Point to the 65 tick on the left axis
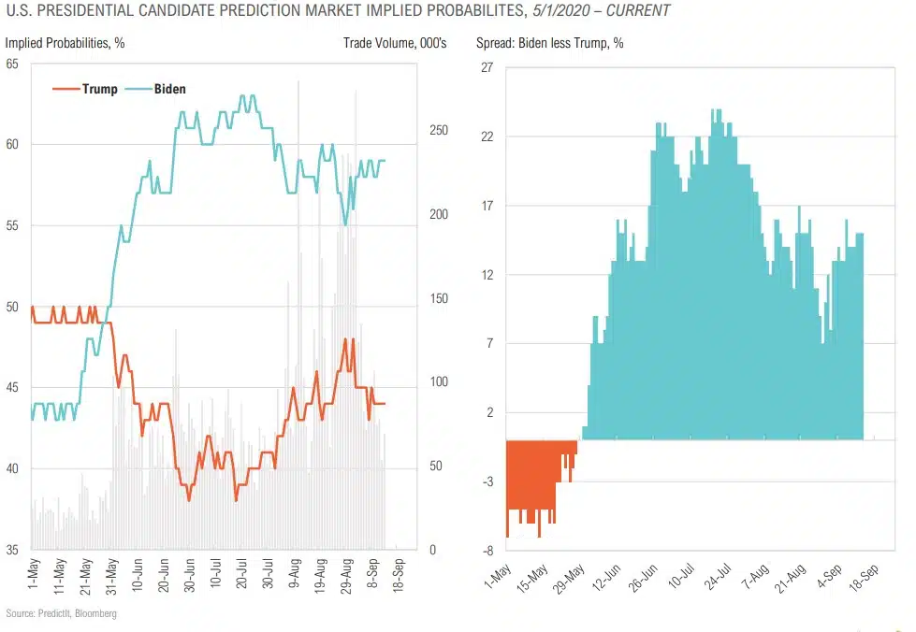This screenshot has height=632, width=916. [x=12, y=64]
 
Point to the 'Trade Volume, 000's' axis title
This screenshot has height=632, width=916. [x=395, y=43]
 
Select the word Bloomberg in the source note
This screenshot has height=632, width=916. [x=96, y=613]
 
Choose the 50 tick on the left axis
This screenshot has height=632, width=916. [x=12, y=307]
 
